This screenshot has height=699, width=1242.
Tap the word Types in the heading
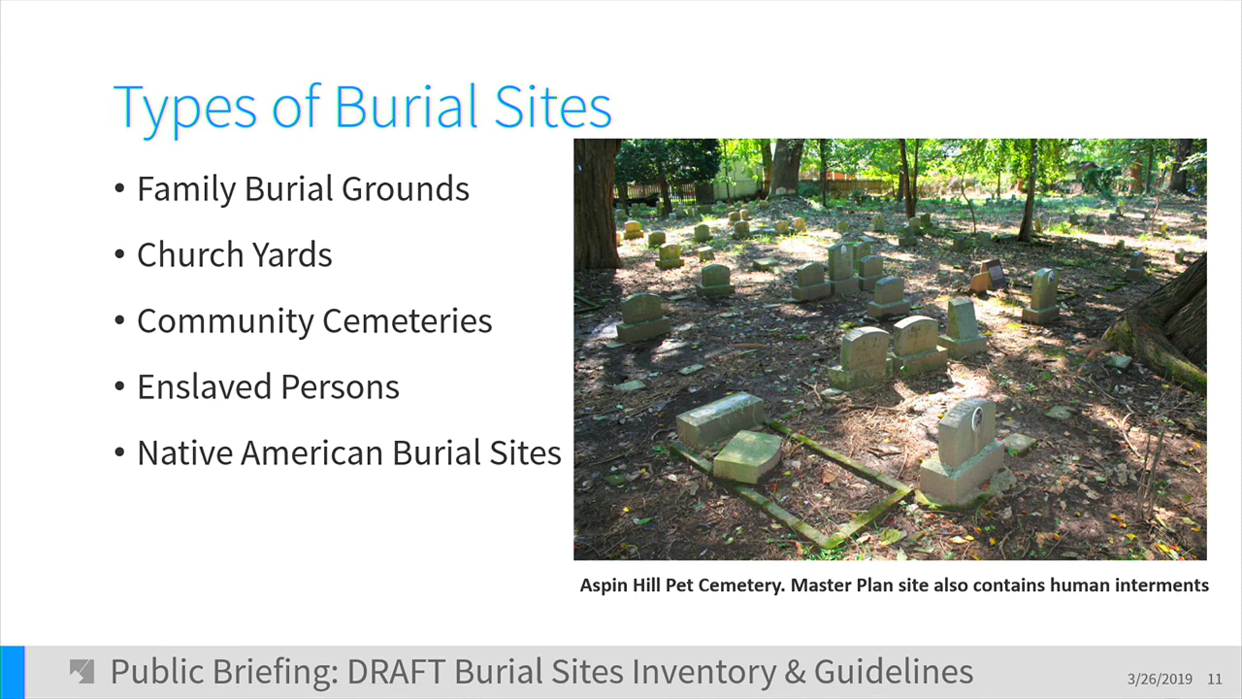tap(184, 110)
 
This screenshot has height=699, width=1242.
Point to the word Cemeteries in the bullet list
tap(407, 321)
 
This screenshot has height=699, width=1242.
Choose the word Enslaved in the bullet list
tap(204, 387)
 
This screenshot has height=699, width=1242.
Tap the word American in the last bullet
tap(312, 453)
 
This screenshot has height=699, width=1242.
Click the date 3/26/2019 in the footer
tap(1160, 679)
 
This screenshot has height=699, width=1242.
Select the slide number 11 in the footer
tap(1215, 679)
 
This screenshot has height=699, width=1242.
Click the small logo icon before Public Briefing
tap(82, 671)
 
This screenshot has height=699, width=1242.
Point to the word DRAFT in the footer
tap(396, 672)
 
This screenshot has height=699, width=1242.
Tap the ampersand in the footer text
tap(794, 672)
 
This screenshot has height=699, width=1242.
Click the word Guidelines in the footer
tap(894, 672)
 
